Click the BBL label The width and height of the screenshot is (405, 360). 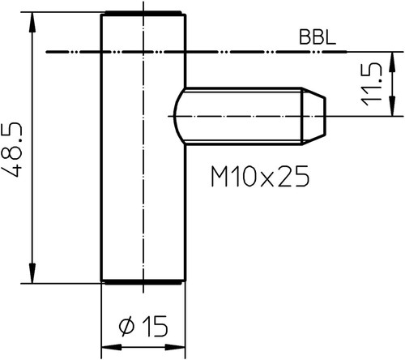tap(318, 37)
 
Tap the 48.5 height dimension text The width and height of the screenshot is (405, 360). tap(11, 150)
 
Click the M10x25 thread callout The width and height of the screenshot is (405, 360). tap(260, 176)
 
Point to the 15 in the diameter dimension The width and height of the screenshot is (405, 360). tap(155, 326)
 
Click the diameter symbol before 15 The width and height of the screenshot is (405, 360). tap(126, 326)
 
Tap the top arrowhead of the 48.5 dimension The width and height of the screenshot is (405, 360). tap(32, 23)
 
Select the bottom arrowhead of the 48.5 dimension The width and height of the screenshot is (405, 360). tap(32, 273)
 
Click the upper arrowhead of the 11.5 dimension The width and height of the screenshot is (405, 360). tap(393, 62)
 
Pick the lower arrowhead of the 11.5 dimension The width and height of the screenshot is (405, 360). tap(393, 106)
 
